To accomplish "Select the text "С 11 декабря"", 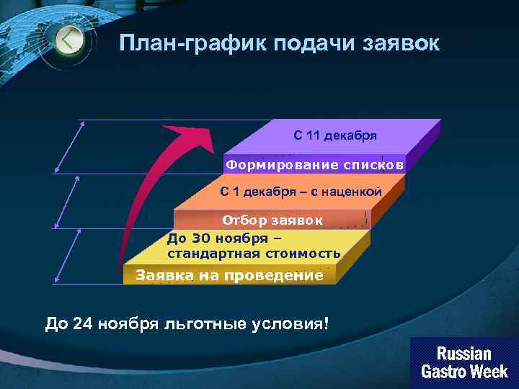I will click(x=334, y=135).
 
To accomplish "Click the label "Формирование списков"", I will click(x=314, y=165).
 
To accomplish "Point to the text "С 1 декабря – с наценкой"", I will click(x=300, y=192).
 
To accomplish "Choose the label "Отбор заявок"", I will click(x=272, y=220).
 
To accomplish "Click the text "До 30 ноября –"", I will click(x=224, y=238).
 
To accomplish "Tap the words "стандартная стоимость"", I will click(x=254, y=254).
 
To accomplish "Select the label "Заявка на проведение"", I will click(x=229, y=275).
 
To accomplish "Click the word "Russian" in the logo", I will click(x=463, y=354).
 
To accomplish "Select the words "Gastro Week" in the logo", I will click(x=463, y=372).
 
